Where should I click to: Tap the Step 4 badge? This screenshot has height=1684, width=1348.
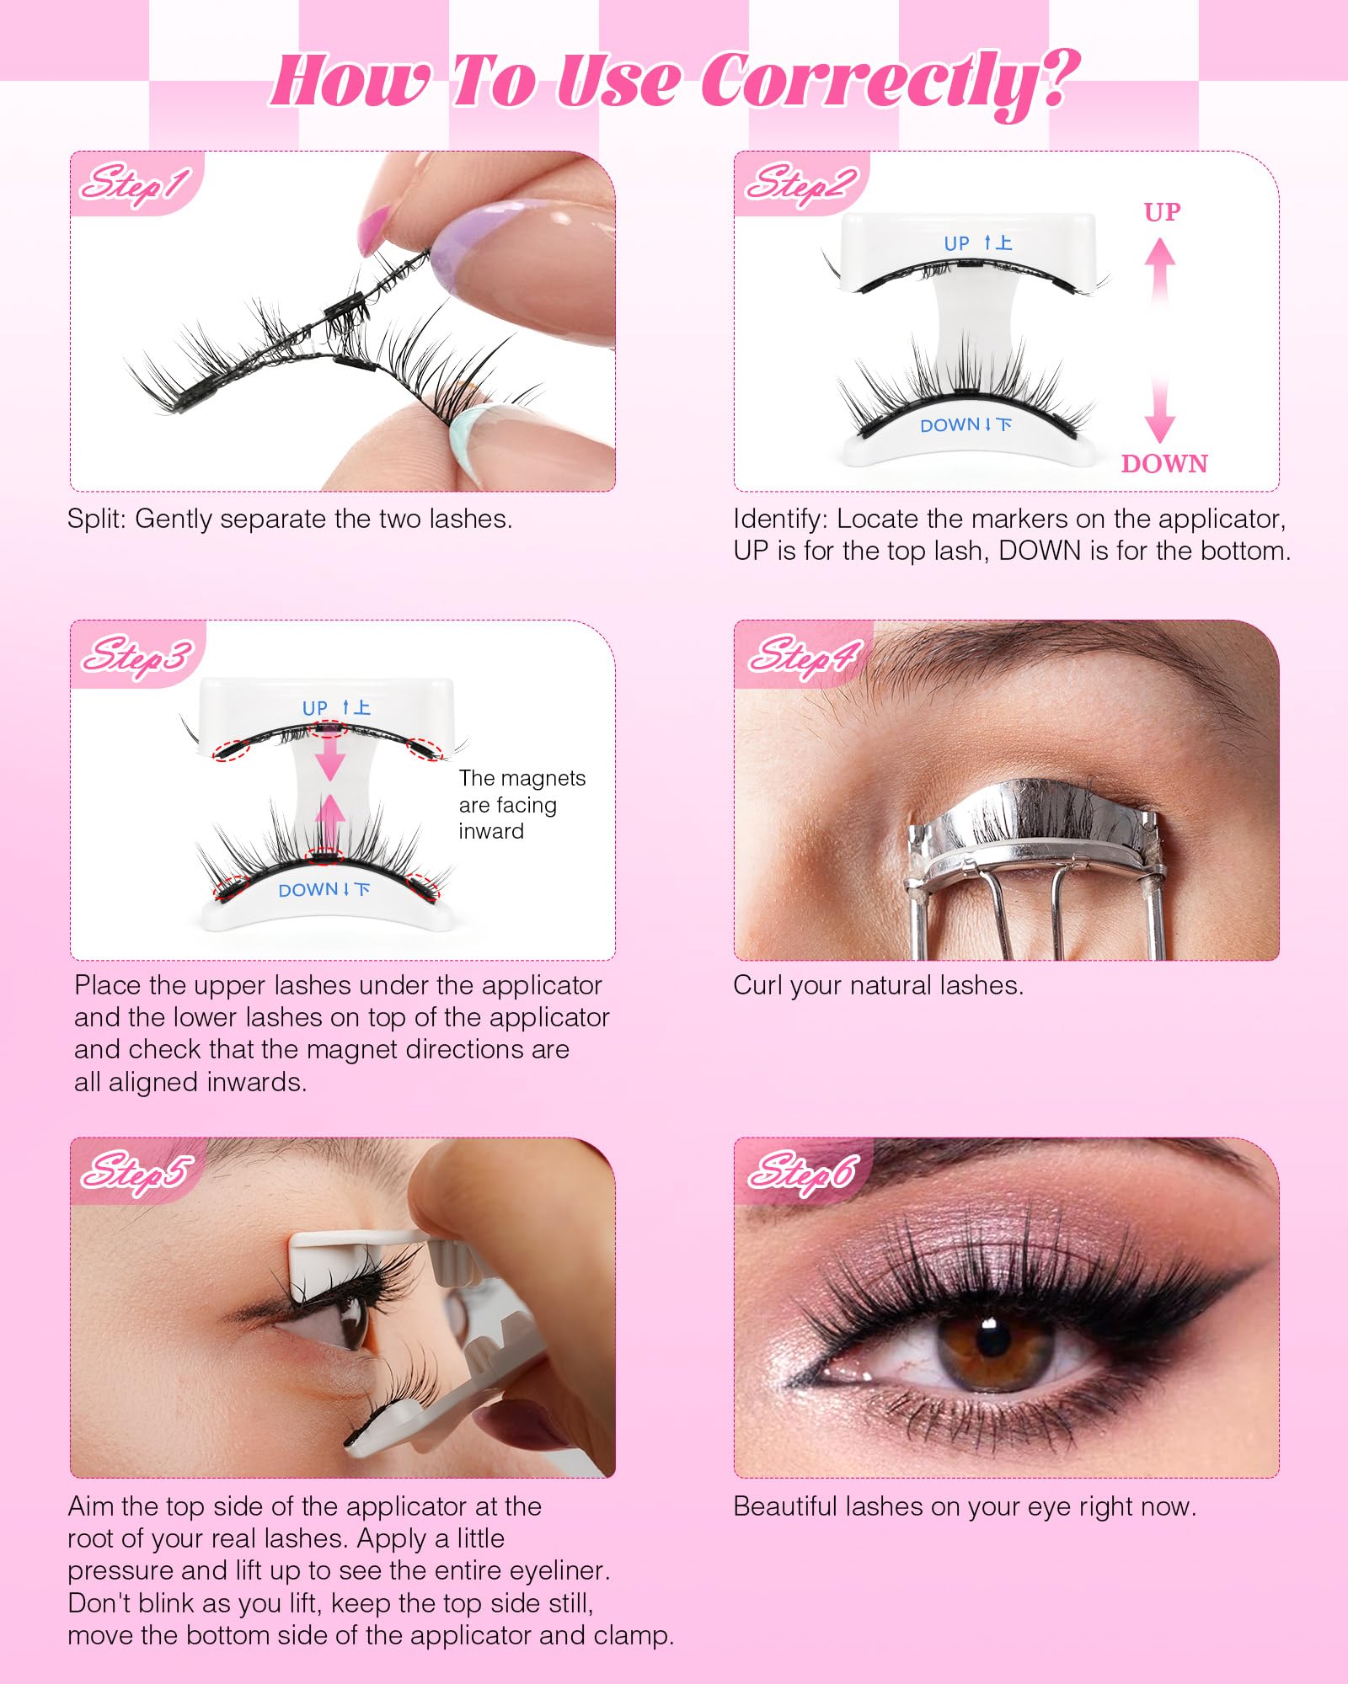click(803, 654)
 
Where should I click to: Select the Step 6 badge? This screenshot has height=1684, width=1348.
click(803, 1171)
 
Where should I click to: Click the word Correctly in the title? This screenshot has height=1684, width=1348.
click(890, 82)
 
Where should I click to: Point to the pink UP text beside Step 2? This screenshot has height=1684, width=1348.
click(1162, 211)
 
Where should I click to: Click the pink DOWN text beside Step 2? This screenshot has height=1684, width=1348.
click(1164, 463)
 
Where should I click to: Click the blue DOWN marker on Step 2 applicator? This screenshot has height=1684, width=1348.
click(966, 425)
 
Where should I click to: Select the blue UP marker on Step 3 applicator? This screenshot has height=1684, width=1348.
click(336, 707)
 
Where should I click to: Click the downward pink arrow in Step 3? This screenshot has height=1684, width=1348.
click(329, 753)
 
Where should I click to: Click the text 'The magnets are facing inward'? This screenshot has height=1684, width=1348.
click(522, 804)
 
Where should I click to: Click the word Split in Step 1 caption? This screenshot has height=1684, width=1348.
click(97, 519)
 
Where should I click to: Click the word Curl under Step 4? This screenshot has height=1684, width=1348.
click(759, 985)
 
